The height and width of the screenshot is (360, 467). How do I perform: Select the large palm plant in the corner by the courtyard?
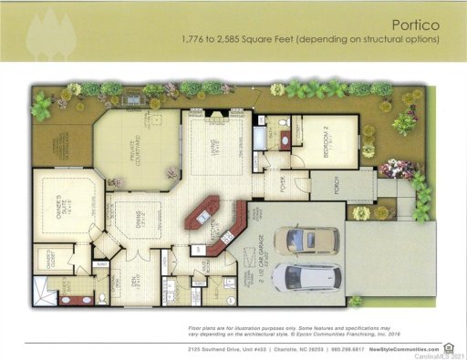coord(41,107)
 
